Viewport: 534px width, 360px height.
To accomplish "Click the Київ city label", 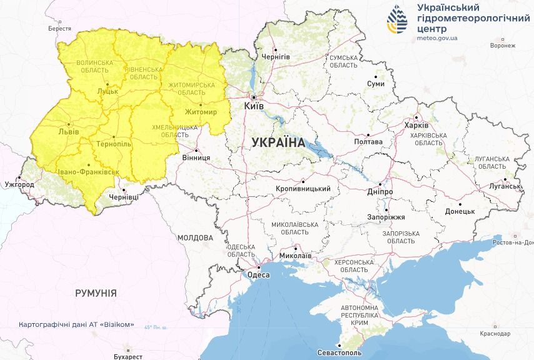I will [x=254, y=107].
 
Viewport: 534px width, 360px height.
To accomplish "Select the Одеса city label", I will [x=258, y=275].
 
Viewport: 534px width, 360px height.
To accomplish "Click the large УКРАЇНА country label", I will [x=278, y=142].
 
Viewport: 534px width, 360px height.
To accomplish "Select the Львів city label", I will [x=68, y=132].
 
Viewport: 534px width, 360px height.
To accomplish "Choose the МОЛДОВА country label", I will [x=195, y=238].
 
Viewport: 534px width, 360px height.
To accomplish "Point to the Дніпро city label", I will [x=380, y=191].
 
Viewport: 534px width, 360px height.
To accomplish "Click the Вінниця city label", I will [x=196, y=158].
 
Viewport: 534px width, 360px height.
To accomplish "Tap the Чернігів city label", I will [x=276, y=56].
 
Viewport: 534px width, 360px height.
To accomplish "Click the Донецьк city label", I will [x=460, y=211].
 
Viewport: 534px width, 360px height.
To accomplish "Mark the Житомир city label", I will [x=201, y=112].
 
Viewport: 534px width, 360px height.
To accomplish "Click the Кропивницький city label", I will [x=303, y=189].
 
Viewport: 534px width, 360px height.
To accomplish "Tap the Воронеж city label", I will [x=503, y=46].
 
